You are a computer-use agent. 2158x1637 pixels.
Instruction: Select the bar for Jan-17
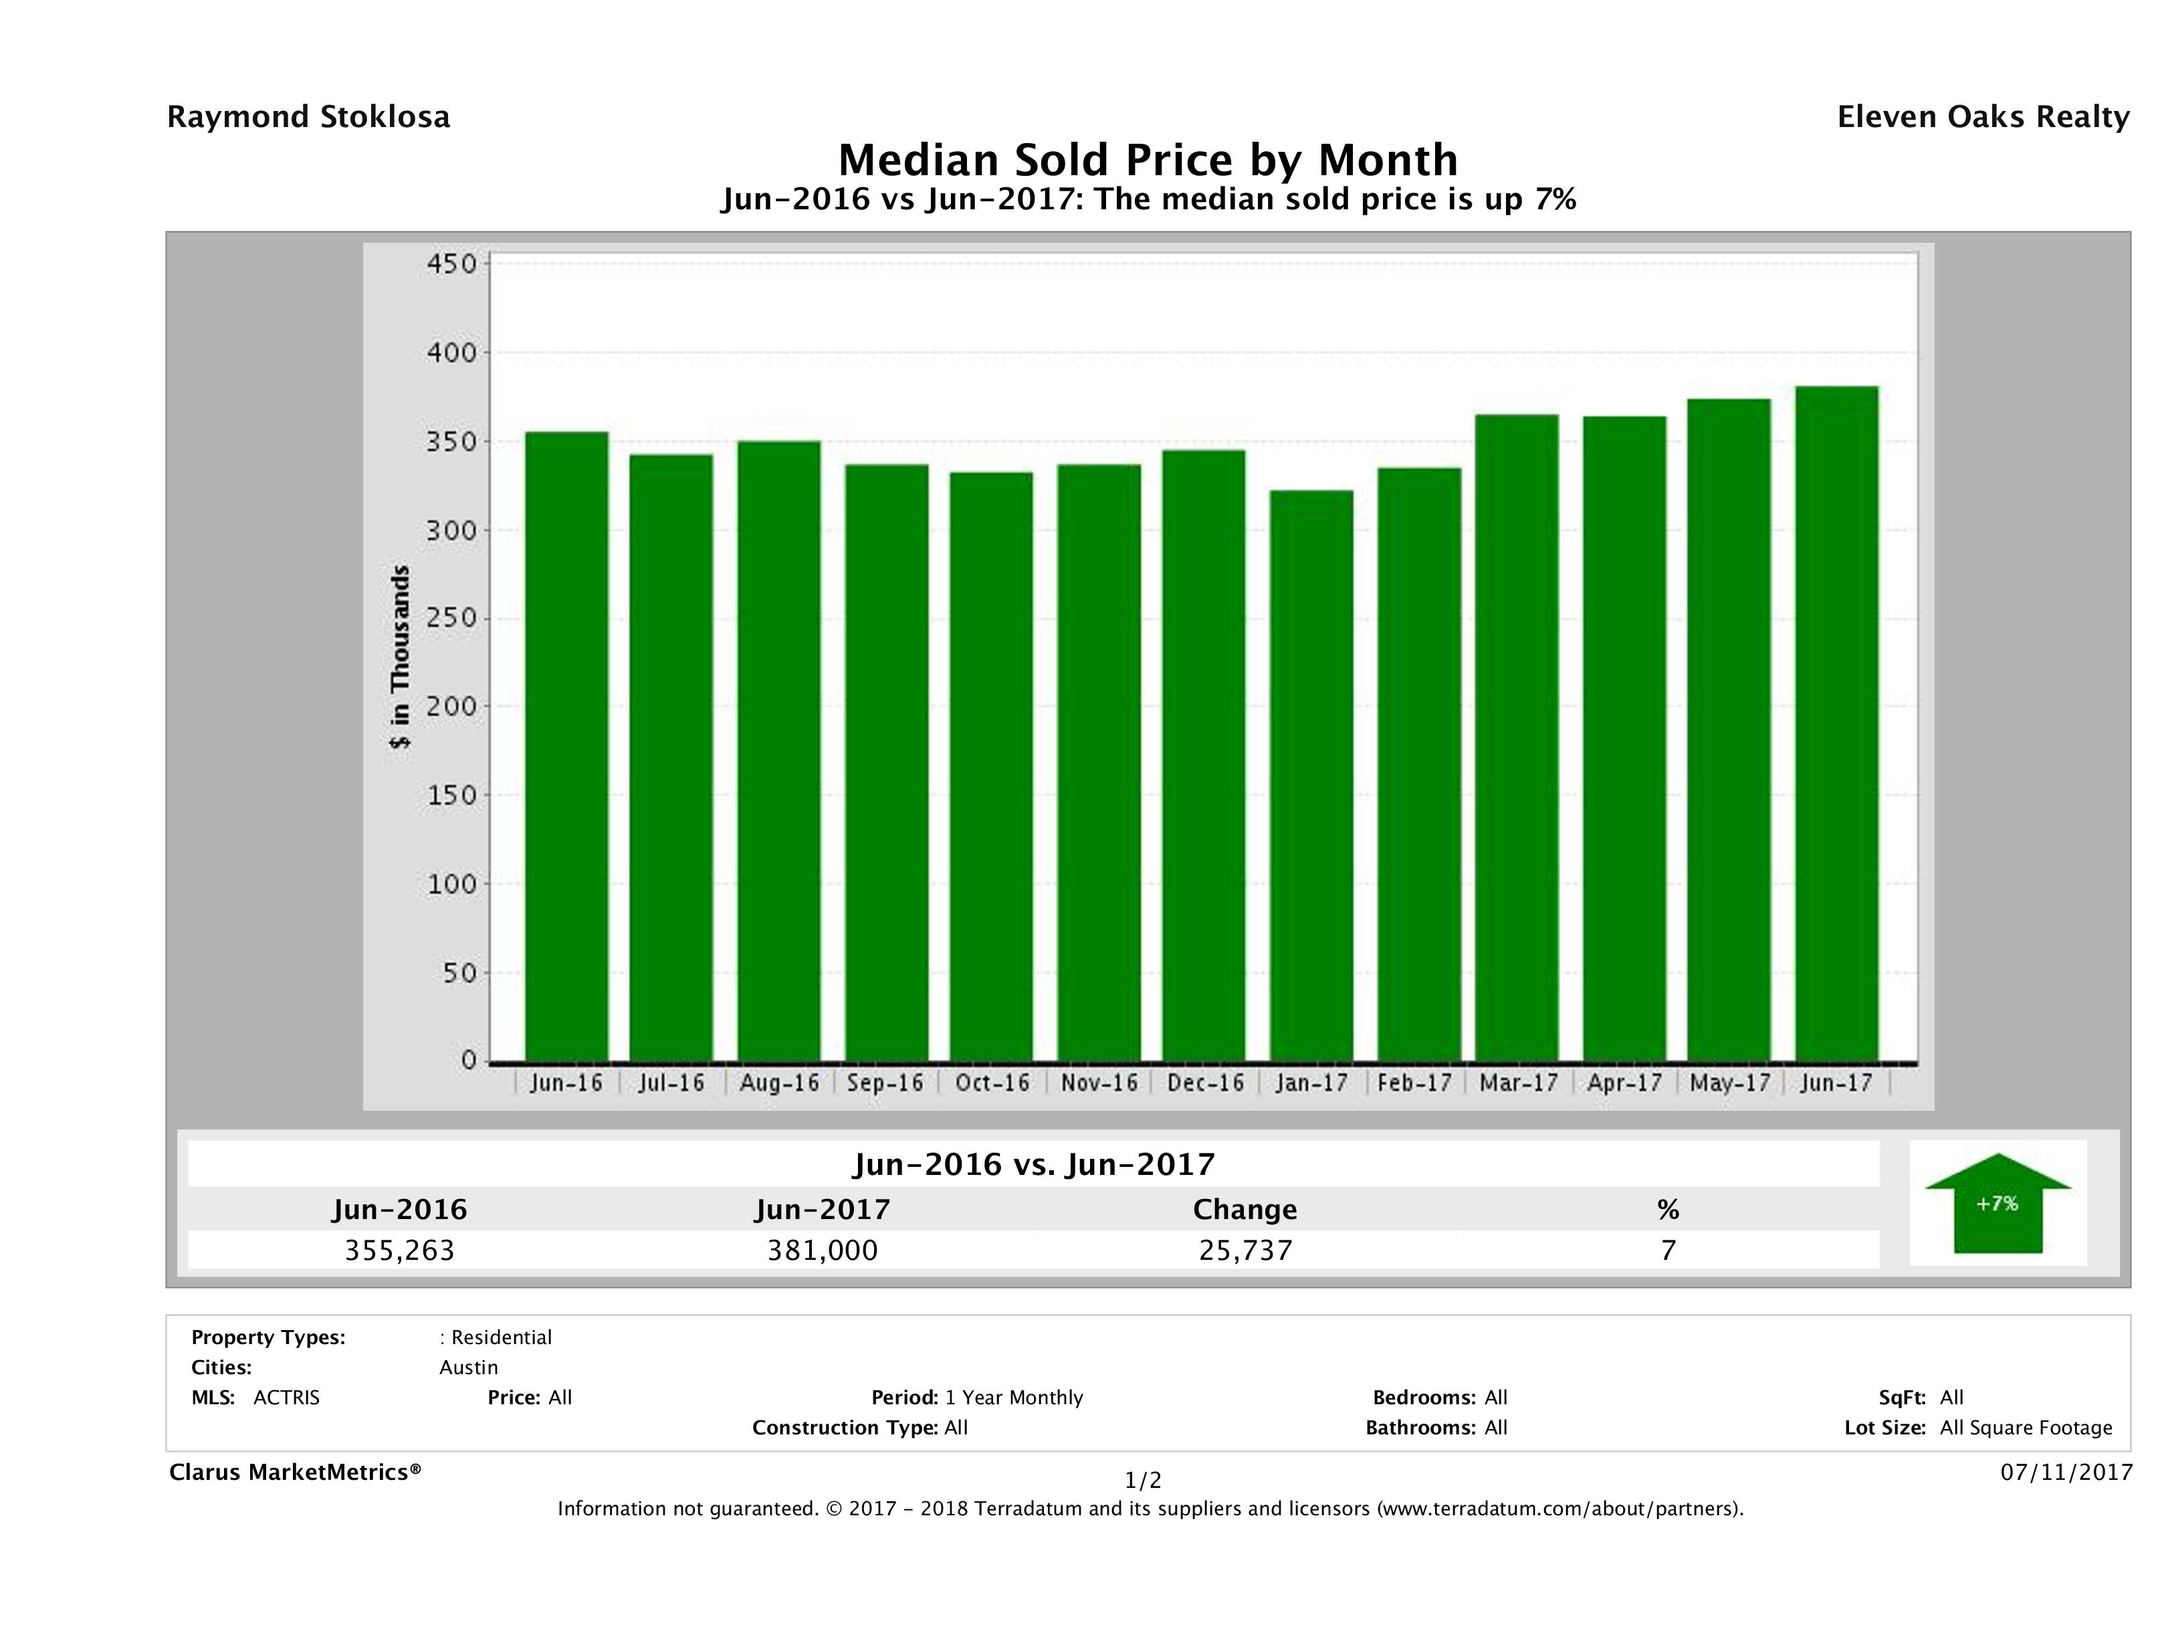[x=1311, y=776]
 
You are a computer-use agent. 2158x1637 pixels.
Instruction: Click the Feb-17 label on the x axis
[x=1414, y=1083]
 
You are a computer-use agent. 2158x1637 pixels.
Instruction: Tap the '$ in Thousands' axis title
[x=400, y=657]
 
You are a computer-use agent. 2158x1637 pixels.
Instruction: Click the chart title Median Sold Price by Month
[x=1148, y=159]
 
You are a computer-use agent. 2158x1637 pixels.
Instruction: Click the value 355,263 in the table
[x=400, y=1250]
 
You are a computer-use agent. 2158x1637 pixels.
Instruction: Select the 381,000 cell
[x=823, y=1250]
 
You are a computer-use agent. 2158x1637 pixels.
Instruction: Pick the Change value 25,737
[x=1245, y=1250]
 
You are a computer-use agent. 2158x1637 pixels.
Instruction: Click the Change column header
[x=1245, y=1210]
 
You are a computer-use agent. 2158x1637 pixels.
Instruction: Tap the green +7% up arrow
[x=1997, y=1206]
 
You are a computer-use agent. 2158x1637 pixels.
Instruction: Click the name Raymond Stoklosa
[x=308, y=117]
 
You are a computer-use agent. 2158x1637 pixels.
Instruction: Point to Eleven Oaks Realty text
[x=1982, y=117]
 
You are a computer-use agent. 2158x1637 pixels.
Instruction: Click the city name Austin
[x=468, y=1368]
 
